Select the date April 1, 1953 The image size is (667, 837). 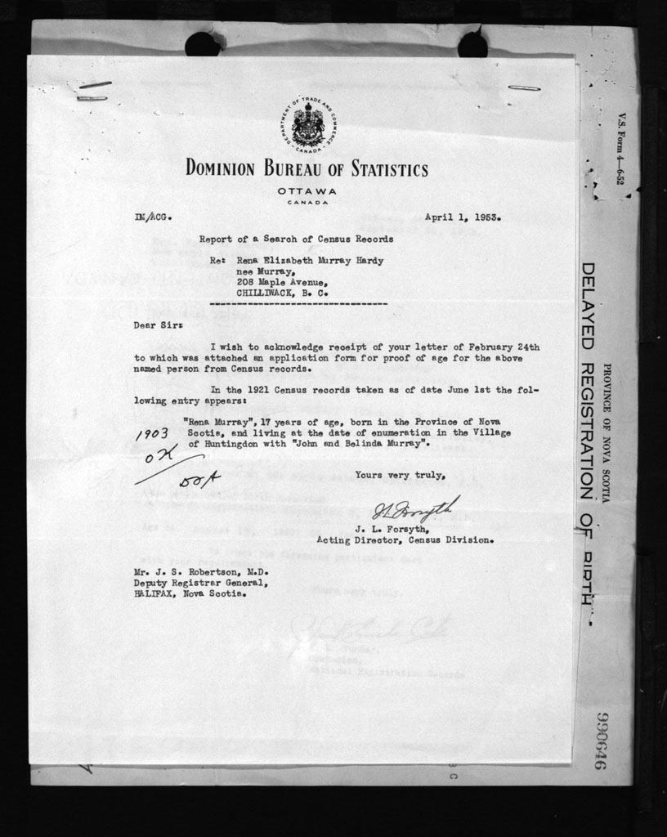[x=463, y=217]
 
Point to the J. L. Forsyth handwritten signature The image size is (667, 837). [x=415, y=510]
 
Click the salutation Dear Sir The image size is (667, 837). [x=159, y=325]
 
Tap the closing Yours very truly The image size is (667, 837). [x=401, y=475]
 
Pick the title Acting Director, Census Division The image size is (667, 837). [x=405, y=539]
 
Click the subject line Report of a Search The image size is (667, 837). [x=296, y=239]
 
